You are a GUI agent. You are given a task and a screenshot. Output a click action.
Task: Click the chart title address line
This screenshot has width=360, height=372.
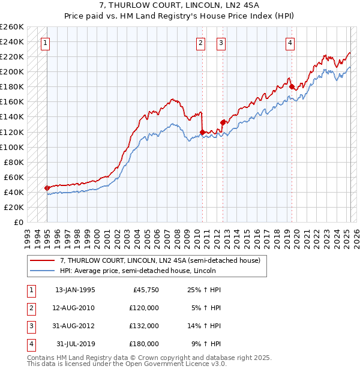tap(180, 7)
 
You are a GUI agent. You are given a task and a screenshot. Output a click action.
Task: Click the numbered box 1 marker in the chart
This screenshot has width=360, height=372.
tap(46, 43)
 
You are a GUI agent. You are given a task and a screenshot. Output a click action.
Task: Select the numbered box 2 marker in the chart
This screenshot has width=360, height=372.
tap(200, 43)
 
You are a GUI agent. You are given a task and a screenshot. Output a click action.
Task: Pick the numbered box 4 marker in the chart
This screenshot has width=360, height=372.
tap(290, 43)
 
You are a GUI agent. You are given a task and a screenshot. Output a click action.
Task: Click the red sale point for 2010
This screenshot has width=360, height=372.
tap(202, 132)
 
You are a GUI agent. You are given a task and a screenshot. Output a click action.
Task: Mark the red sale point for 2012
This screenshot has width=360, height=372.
tap(223, 123)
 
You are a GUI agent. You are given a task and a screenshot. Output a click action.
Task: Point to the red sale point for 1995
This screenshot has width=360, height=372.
tap(47, 188)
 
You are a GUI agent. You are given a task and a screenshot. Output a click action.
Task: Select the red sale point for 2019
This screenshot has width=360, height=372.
tap(292, 87)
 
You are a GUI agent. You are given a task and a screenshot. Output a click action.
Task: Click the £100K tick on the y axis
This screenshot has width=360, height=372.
tap(11, 147)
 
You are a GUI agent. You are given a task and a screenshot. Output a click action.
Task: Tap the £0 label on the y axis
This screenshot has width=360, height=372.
tap(17, 222)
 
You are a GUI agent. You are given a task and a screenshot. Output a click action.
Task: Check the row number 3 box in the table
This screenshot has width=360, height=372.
tap(31, 326)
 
